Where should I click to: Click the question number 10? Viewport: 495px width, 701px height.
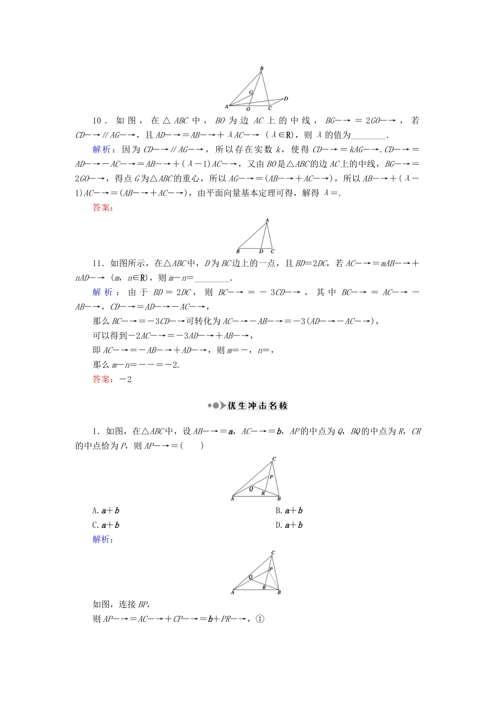97,121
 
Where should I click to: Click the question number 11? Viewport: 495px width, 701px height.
97,263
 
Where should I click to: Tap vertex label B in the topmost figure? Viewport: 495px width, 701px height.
262,68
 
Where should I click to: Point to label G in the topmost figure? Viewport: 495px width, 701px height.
251,92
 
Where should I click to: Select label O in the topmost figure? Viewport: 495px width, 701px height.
248,109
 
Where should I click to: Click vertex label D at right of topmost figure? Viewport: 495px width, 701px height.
286,99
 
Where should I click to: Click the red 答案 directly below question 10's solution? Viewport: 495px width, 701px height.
102,208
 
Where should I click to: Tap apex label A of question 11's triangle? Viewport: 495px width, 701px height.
267,221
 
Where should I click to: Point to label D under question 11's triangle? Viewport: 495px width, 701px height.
261,251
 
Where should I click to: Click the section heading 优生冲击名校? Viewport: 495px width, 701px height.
257,406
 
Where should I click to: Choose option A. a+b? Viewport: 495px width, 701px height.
106,511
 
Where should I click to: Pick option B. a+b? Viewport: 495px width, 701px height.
289,511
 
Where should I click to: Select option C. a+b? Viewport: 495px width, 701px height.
106,525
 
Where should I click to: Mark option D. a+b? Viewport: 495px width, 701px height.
289,525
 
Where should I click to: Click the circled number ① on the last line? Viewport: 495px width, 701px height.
261,619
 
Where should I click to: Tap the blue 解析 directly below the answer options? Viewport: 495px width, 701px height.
102,539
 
